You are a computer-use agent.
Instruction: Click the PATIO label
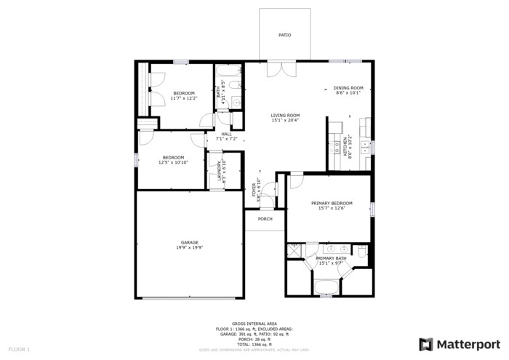[285, 35]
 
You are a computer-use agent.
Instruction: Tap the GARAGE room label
[190, 242]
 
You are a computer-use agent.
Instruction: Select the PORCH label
[265, 219]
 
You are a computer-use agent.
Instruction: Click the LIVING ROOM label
[286, 115]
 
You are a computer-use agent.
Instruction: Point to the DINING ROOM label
[348, 88]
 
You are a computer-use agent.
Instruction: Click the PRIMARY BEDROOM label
[332, 203]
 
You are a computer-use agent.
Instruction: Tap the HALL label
[227, 134]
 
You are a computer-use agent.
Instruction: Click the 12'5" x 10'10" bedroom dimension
[173, 163]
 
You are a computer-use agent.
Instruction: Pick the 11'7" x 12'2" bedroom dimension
[183, 98]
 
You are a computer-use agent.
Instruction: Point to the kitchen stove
[337, 148]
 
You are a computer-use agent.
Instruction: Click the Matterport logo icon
[426, 344]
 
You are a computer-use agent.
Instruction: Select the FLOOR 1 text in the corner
[19, 350]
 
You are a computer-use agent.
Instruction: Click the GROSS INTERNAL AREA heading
[254, 324]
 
